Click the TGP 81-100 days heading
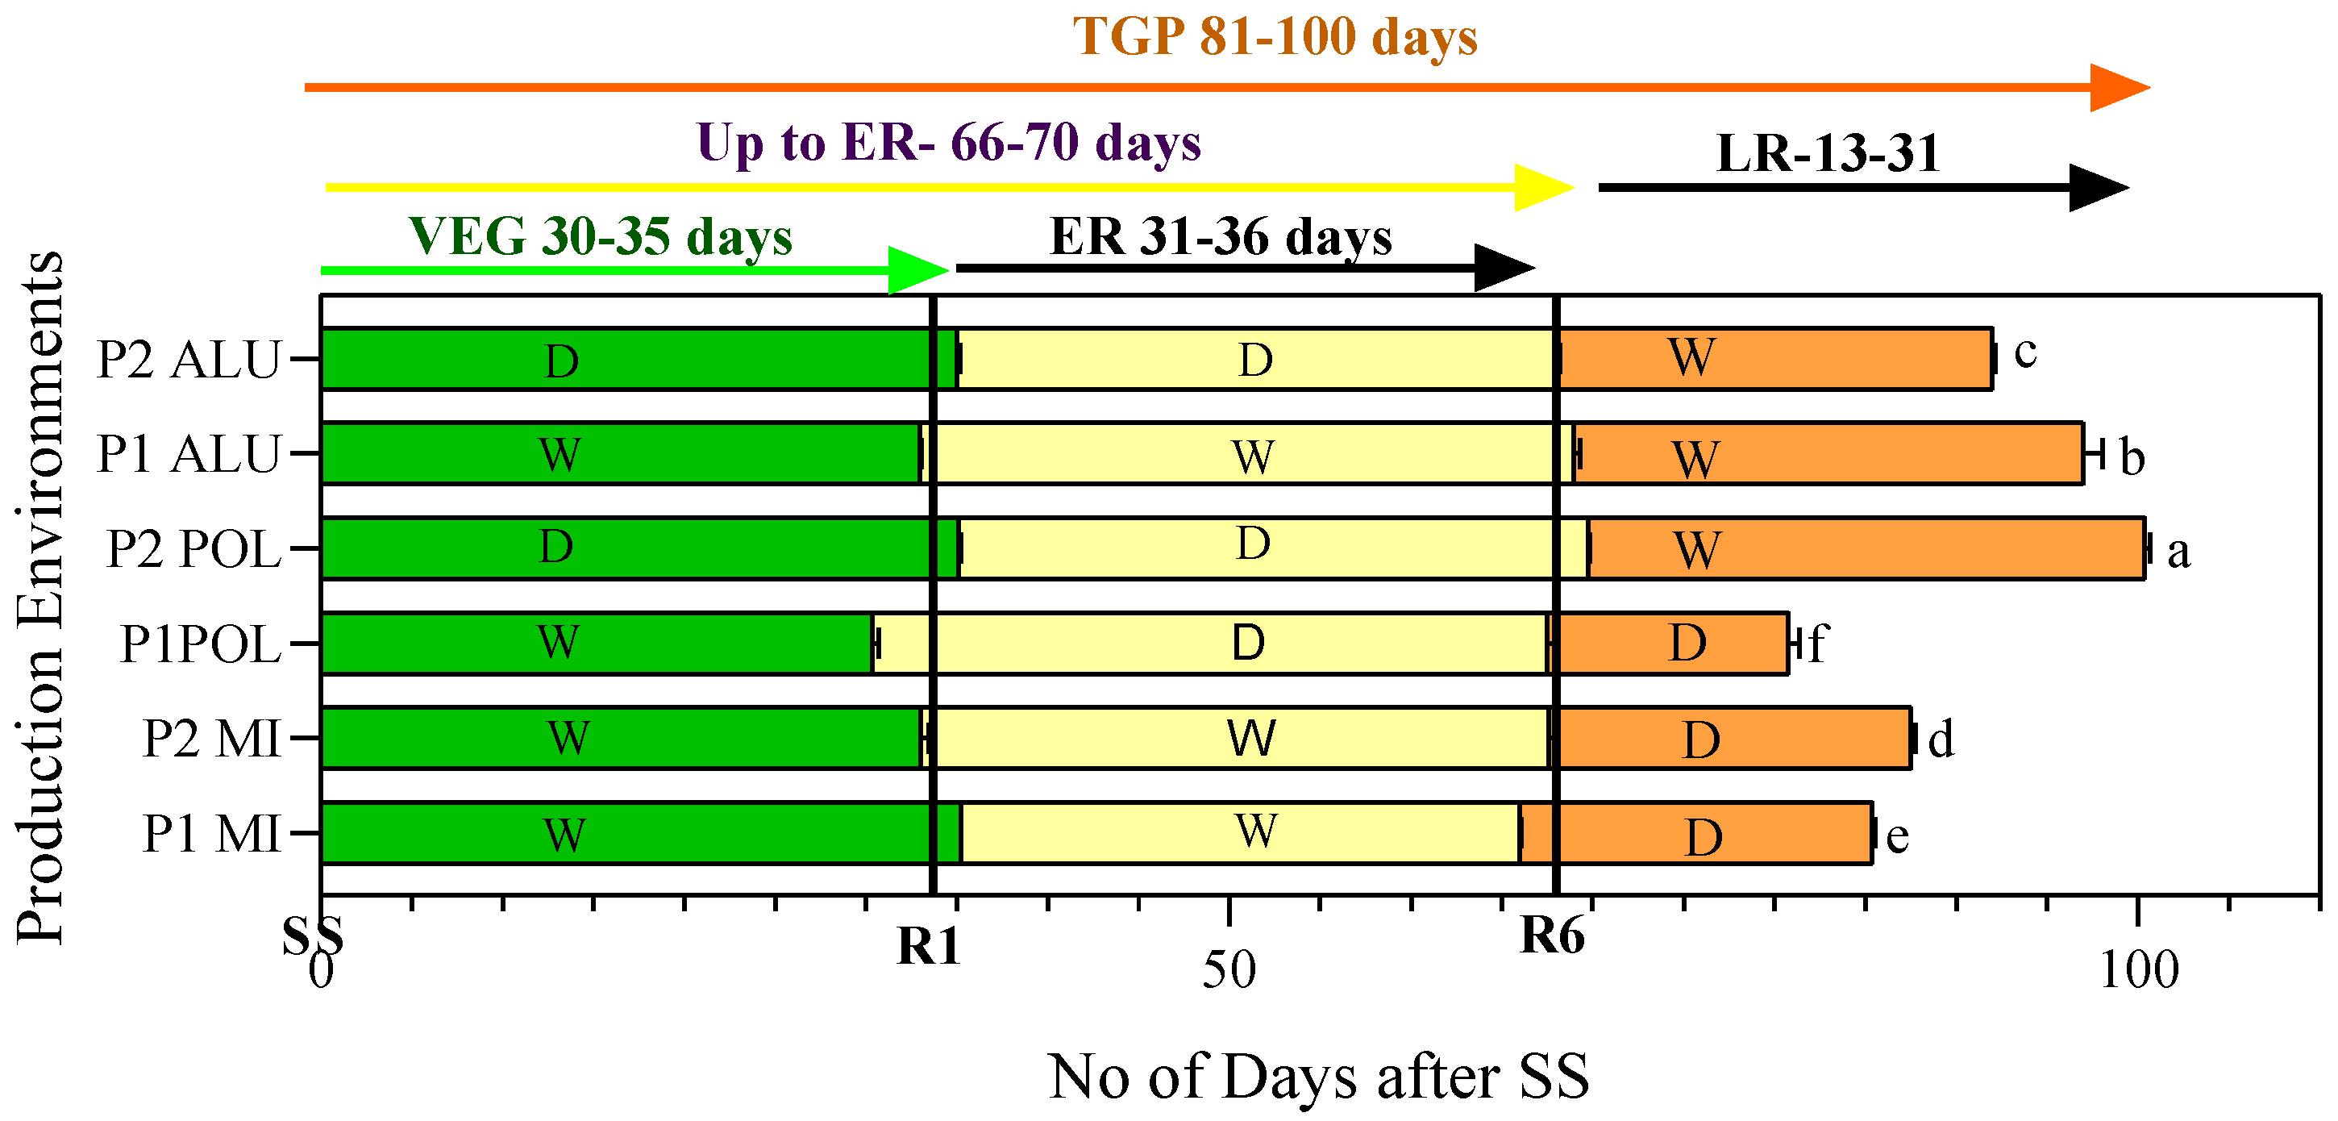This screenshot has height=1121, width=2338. coord(1275,38)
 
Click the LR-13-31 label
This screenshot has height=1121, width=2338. coord(1827,152)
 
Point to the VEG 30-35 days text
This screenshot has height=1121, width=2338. coord(600,237)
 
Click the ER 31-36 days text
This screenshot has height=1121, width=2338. coord(1220,237)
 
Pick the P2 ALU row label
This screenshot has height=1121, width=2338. coord(189,360)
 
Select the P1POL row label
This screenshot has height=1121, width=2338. coord(201,644)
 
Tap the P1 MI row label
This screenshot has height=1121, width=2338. coord(211,833)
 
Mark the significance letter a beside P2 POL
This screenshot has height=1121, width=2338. coord(2178,552)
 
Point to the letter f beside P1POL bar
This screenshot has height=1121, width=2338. coord(1816,644)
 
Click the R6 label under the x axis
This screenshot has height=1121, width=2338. coord(1552,936)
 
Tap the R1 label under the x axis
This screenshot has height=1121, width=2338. coord(928,947)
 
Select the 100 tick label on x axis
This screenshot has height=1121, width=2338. coord(2138,970)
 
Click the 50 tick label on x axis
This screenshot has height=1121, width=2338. coord(1229,970)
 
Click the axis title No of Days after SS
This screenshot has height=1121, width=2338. coord(1318,1077)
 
